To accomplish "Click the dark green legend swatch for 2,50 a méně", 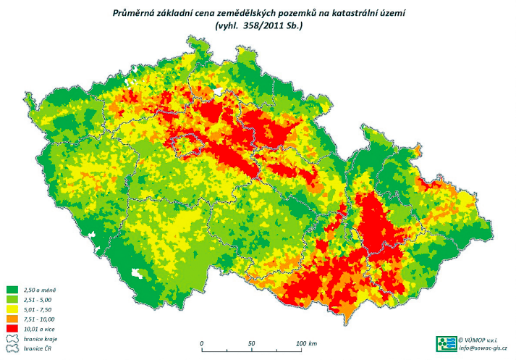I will [x=11, y=290].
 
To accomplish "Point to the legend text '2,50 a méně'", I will [x=39, y=290].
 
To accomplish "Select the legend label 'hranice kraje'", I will [x=41, y=338].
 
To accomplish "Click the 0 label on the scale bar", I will [x=202, y=343].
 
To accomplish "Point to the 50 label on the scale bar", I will [x=252, y=343].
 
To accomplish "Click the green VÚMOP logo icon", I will [x=447, y=343].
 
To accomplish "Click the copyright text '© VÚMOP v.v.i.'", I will [x=482, y=338].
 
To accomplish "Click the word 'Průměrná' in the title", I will [x=135, y=13].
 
